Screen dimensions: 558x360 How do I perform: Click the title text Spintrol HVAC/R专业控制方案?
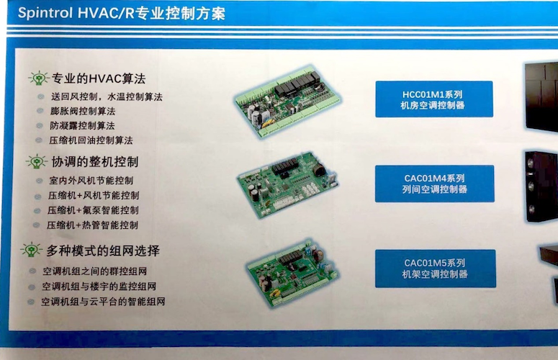click(122, 13)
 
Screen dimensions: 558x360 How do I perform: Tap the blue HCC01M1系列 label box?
click(434, 99)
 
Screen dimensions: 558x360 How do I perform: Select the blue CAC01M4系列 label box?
click(434, 184)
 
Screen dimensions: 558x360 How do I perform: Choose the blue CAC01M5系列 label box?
click(435, 269)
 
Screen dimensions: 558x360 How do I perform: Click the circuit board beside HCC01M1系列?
click(287, 101)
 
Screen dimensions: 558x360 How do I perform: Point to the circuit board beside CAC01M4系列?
click(287, 184)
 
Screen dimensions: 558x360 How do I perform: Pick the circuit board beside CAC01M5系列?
click(292, 273)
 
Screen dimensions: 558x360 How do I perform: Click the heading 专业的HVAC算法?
click(99, 78)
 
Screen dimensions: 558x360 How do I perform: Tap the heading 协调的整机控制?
click(95, 162)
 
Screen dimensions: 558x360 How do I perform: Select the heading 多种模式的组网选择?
click(103, 251)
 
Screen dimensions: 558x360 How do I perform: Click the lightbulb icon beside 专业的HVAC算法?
click(39, 78)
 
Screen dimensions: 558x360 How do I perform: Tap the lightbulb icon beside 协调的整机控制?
click(36, 161)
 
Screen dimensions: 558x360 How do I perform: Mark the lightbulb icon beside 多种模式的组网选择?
click(31, 249)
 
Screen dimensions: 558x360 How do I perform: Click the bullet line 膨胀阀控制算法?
click(83, 111)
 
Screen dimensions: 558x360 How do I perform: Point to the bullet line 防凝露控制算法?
click(82, 125)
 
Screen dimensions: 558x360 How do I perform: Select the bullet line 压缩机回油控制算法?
click(91, 140)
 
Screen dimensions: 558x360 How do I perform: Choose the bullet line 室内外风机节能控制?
click(91, 180)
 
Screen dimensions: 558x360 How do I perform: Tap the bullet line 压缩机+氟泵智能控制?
click(93, 210)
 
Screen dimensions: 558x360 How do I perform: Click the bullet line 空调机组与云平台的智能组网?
click(103, 302)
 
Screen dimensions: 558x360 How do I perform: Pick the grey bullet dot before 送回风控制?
click(40, 96)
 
